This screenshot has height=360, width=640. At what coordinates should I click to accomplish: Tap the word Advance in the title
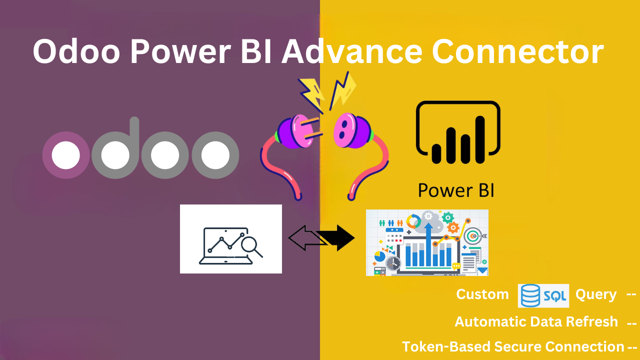(350, 52)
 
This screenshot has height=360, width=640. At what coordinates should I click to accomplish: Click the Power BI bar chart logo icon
(458, 133)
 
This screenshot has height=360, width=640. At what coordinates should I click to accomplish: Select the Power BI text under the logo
(455, 190)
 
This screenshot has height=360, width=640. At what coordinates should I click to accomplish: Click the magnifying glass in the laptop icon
(249, 245)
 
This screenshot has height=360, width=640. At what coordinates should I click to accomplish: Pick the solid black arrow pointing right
(338, 238)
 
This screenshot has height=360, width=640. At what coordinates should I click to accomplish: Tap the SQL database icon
(543, 295)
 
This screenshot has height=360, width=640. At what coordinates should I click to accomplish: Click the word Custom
(482, 294)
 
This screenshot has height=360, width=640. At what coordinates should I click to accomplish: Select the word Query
(595, 294)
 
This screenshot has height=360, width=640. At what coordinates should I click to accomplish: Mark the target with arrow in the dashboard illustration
(472, 235)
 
